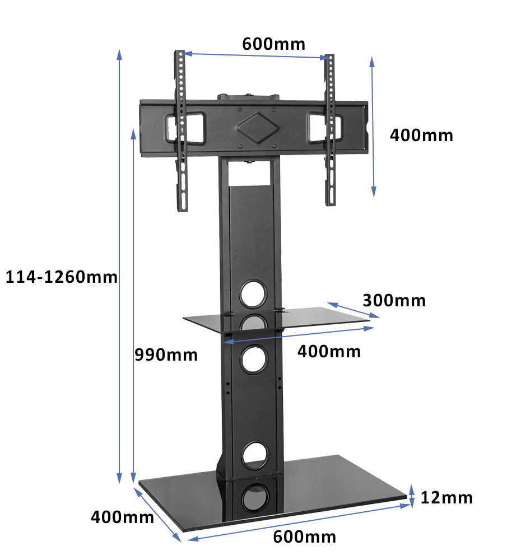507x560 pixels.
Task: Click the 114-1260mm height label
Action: (x=62, y=277)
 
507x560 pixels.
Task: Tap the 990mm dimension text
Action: (x=166, y=355)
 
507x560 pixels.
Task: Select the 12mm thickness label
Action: (x=446, y=497)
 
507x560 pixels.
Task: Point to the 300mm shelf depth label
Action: (x=394, y=300)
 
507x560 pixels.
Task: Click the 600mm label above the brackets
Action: (x=274, y=44)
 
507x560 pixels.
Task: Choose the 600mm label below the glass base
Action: (x=305, y=537)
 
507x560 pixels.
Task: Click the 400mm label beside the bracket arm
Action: (x=422, y=136)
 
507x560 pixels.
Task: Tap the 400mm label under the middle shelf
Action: (x=329, y=352)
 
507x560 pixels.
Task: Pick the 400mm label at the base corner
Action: (x=122, y=517)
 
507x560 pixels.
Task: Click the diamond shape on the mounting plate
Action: (x=258, y=128)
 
